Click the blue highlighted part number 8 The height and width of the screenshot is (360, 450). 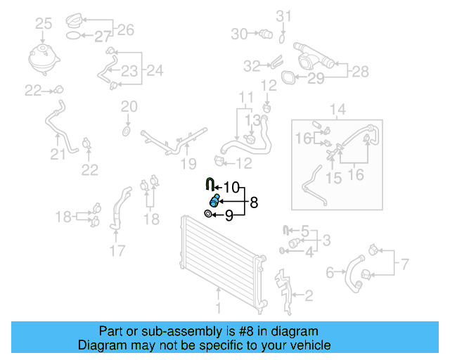click(x=214, y=200)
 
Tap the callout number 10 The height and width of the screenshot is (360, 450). click(x=231, y=188)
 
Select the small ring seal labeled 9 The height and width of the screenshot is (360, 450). click(x=208, y=214)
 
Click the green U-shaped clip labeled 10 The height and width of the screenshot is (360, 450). click(x=210, y=184)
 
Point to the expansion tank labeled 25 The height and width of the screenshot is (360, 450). click(x=44, y=60)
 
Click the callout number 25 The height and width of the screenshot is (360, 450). click(x=44, y=23)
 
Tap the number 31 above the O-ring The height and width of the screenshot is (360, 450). click(x=283, y=16)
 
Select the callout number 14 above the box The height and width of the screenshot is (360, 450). click(x=337, y=110)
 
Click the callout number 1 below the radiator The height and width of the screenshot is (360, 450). click(x=219, y=308)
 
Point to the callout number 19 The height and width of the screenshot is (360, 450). click(x=188, y=164)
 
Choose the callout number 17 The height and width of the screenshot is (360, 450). click(x=117, y=250)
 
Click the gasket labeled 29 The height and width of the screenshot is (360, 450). click(x=288, y=77)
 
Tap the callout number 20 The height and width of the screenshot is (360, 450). click(x=129, y=107)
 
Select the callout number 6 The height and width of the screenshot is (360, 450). click(x=330, y=272)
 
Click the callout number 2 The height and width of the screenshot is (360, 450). click(x=309, y=296)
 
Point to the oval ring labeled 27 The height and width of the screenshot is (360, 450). click(x=73, y=36)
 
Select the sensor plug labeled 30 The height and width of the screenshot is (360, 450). click(x=266, y=34)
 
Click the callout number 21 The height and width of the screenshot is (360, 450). click(x=58, y=155)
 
